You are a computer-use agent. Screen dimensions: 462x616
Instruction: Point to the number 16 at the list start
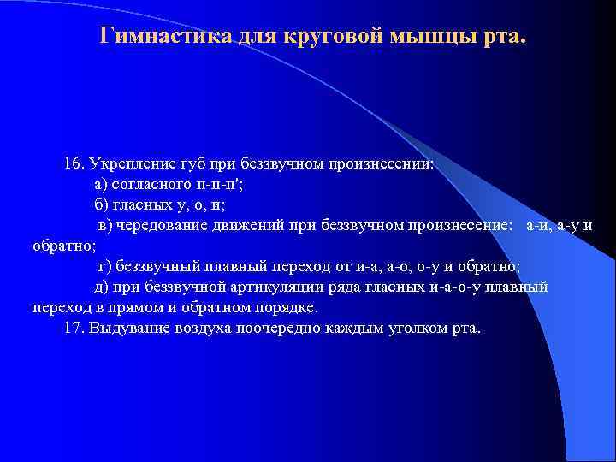click(x=73, y=163)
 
